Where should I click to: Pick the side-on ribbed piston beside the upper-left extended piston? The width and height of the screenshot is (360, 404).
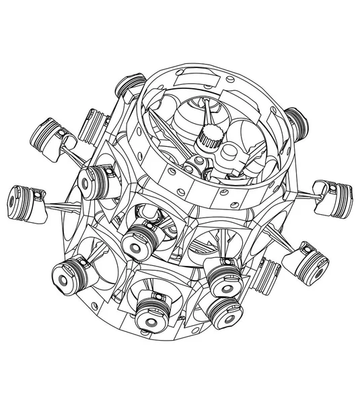click(x=98, y=125)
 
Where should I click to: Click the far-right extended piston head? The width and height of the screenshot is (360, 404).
click(x=332, y=191)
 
